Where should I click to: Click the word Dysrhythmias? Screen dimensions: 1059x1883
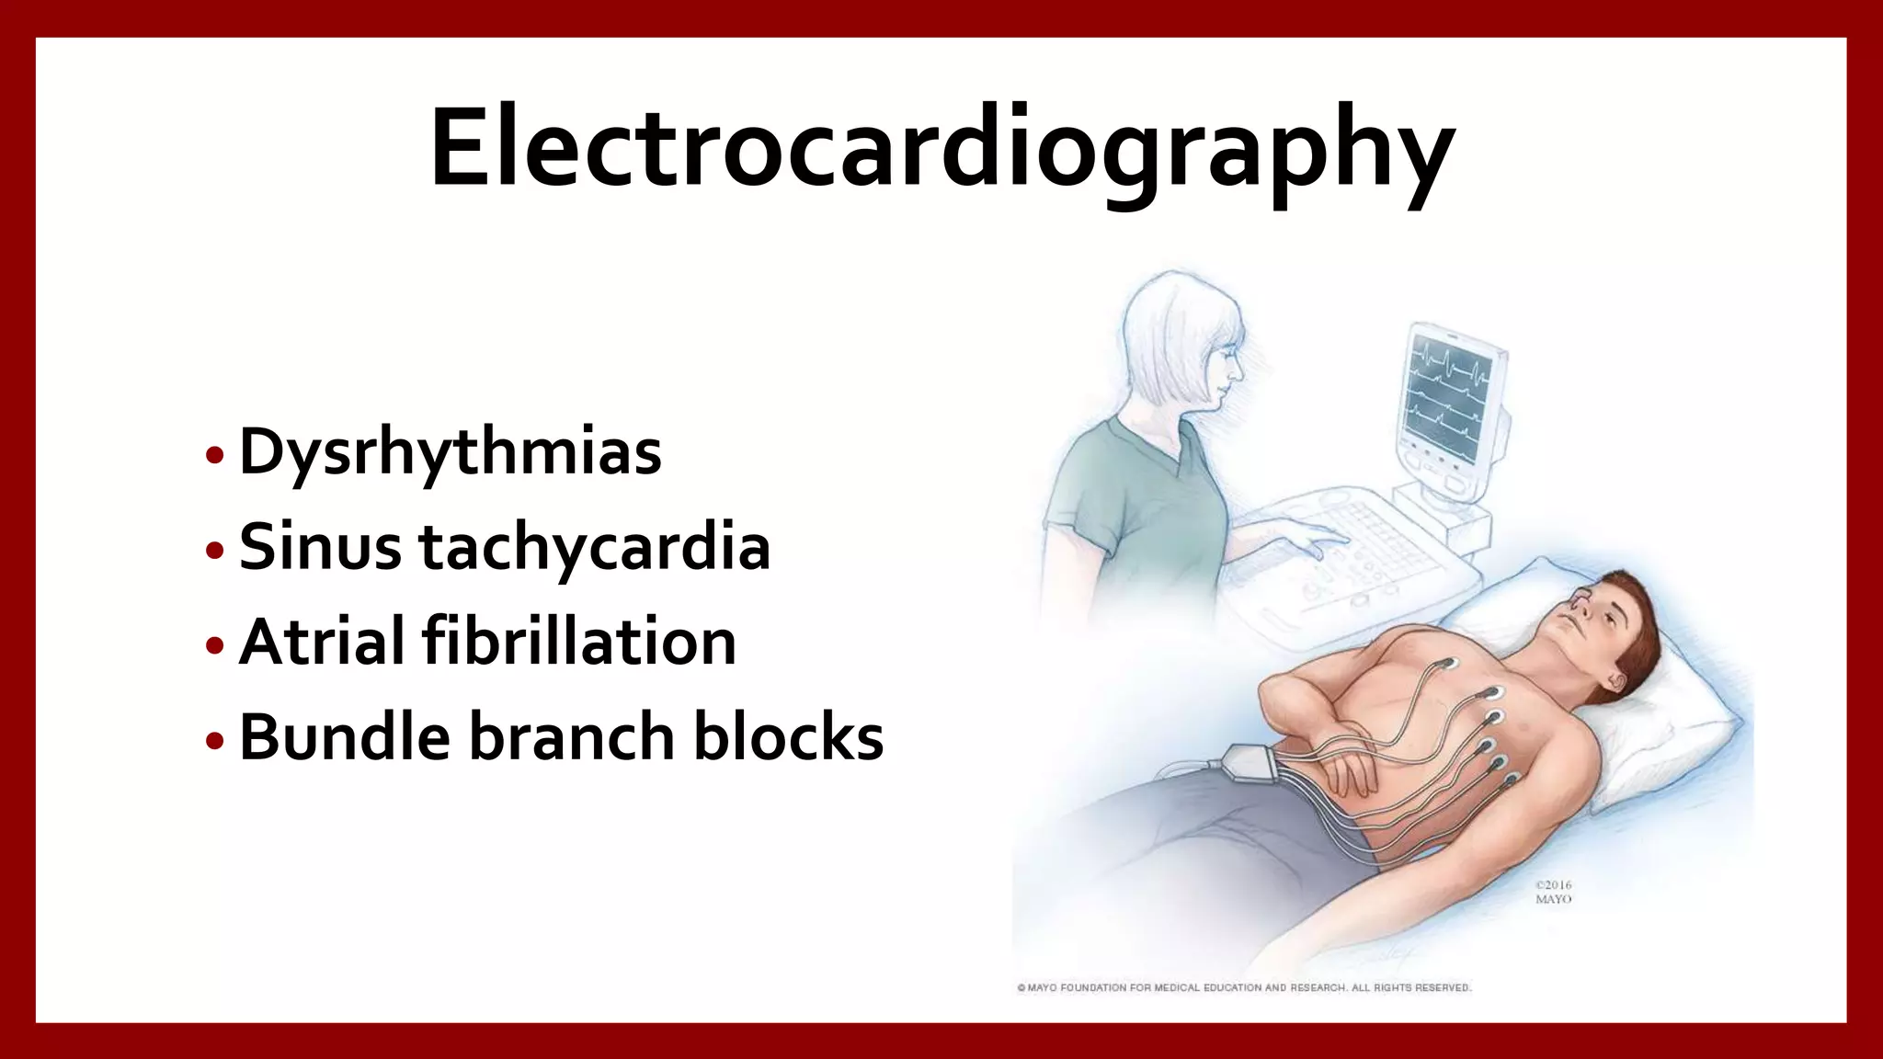(450, 452)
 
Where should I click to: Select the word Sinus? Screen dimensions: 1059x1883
(320, 547)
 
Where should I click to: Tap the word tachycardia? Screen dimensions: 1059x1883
(594, 549)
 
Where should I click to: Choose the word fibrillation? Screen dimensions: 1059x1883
(579, 642)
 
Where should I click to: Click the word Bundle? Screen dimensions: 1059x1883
(344, 737)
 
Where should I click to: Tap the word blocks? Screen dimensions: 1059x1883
(788, 737)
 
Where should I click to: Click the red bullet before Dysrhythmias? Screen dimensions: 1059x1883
(215, 455)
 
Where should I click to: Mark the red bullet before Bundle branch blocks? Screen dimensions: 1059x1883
(215, 740)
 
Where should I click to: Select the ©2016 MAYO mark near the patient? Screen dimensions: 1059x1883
(1553, 892)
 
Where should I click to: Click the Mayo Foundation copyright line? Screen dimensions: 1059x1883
(1243, 987)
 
